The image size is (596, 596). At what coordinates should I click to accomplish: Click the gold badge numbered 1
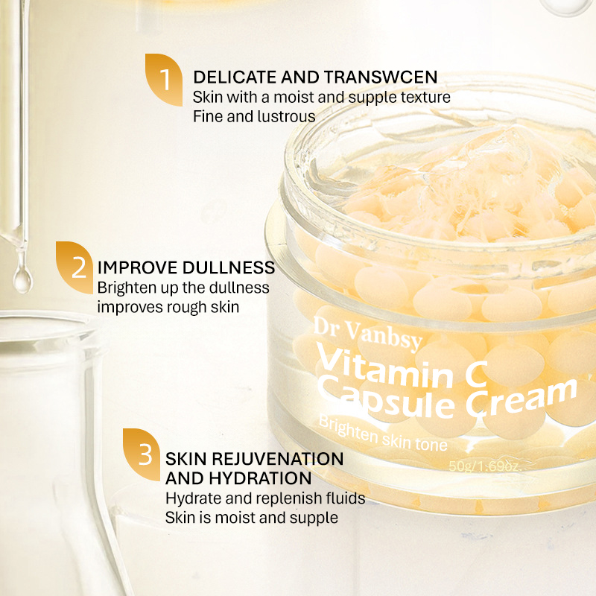click(x=165, y=79)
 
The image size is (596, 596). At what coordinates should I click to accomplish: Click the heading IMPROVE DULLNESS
click(x=186, y=267)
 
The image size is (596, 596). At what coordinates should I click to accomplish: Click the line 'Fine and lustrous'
click(x=254, y=116)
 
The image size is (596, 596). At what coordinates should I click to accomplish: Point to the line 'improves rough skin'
click(x=168, y=306)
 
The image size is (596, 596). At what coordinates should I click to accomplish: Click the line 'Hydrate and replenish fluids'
click(x=265, y=498)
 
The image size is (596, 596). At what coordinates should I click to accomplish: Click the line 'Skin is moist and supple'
click(x=252, y=517)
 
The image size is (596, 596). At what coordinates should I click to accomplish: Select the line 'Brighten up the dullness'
click(x=183, y=288)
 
